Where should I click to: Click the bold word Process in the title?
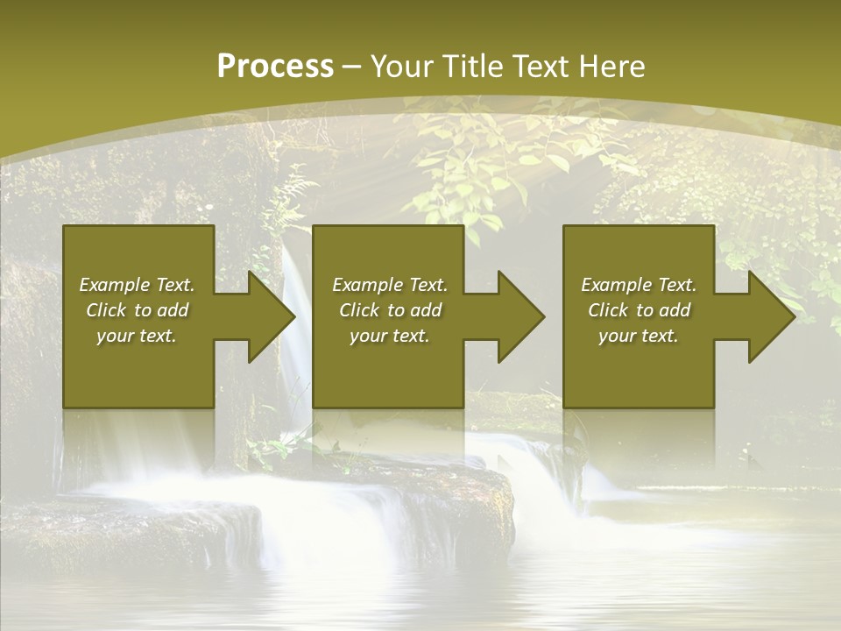pyautogui.click(x=275, y=67)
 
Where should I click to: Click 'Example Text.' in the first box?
pyautogui.click(x=137, y=285)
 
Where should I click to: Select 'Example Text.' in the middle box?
pyautogui.click(x=390, y=285)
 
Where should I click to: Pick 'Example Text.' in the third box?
pyautogui.click(x=639, y=285)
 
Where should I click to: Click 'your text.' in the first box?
pyautogui.click(x=137, y=336)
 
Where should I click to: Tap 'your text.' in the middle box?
pyautogui.click(x=390, y=336)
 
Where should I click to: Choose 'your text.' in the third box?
pyautogui.click(x=639, y=336)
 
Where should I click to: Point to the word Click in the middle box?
pyautogui.click(x=360, y=310)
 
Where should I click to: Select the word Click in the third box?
pyautogui.click(x=609, y=310)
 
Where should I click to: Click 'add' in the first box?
pyautogui.click(x=171, y=310)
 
